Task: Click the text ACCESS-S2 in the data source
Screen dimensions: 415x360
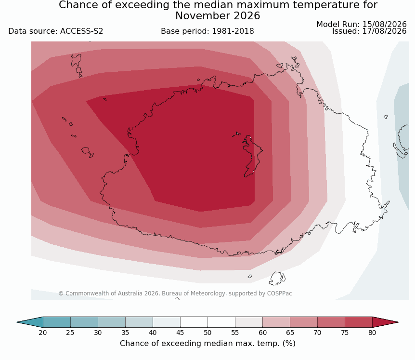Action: point(81,31)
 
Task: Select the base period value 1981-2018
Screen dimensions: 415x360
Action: point(233,31)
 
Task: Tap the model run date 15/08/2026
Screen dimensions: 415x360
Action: point(384,24)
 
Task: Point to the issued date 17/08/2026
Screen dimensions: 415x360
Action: point(384,31)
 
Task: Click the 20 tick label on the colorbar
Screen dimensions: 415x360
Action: point(43,333)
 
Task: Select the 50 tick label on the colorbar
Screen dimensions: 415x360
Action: point(207,333)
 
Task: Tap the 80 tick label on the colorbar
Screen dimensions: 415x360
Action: point(372,333)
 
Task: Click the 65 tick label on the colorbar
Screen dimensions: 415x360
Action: point(290,333)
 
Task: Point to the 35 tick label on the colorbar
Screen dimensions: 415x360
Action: point(125,333)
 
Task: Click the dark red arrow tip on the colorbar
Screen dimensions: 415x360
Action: point(398,322)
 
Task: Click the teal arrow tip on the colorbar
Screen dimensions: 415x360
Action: point(17,322)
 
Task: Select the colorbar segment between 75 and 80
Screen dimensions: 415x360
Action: point(358,322)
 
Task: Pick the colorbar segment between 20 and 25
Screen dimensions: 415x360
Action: point(57,322)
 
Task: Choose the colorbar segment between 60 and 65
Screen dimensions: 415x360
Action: point(276,322)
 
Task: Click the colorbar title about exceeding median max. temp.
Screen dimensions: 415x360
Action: point(207,343)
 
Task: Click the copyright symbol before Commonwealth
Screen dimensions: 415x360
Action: point(61,293)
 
